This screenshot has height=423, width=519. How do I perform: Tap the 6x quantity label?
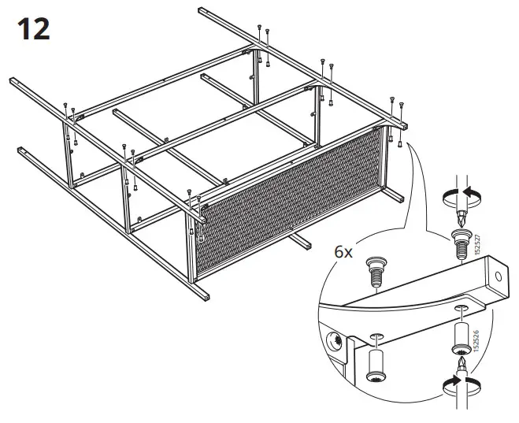(x=345, y=252)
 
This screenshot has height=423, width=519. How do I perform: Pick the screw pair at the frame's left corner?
(x=68, y=109)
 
